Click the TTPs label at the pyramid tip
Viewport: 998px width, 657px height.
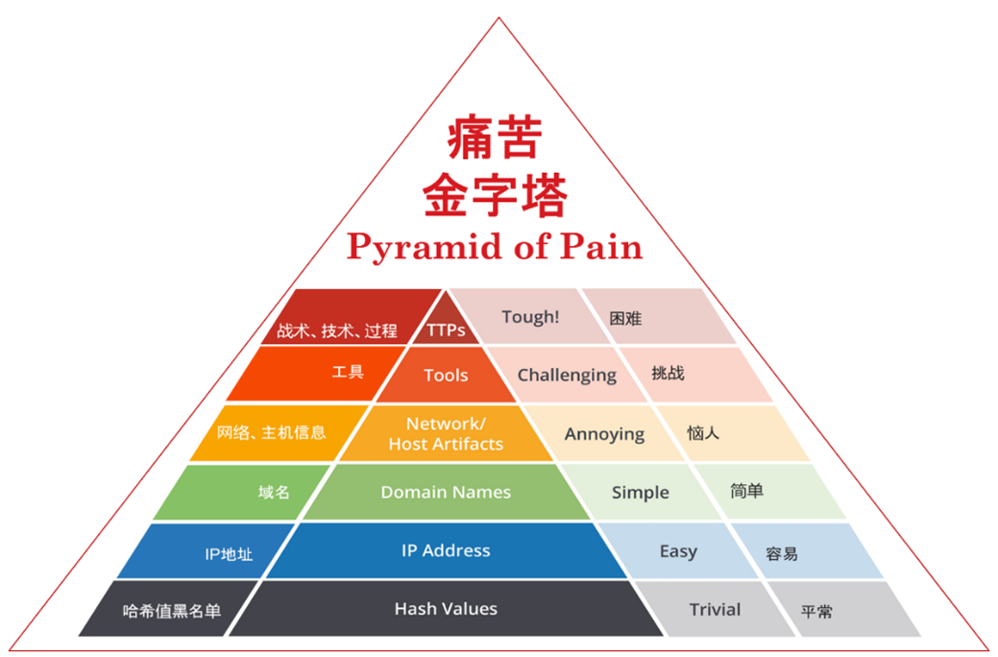click(446, 329)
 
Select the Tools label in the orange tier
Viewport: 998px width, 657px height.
click(446, 375)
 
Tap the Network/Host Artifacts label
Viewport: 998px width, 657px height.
click(446, 434)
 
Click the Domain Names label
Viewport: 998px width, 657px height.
click(446, 492)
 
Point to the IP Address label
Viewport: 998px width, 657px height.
click(446, 550)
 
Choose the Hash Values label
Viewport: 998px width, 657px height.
click(446, 609)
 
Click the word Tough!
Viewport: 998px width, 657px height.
click(530, 316)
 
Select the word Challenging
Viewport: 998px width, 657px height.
click(567, 375)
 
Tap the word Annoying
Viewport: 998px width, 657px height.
click(604, 434)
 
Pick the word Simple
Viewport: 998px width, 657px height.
click(640, 492)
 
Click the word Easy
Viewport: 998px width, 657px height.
click(678, 551)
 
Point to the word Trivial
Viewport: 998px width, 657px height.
click(715, 609)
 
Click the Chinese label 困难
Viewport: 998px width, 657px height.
click(625, 318)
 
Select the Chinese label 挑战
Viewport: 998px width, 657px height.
click(668, 373)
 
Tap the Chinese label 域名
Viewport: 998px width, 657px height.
click(274, 492)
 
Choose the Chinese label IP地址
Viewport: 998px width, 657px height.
click(229, 553)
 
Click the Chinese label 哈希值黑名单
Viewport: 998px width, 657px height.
click(172, 611)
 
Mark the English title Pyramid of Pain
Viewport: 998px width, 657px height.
click(495, 247)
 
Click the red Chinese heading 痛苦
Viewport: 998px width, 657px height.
click(495, 140)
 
